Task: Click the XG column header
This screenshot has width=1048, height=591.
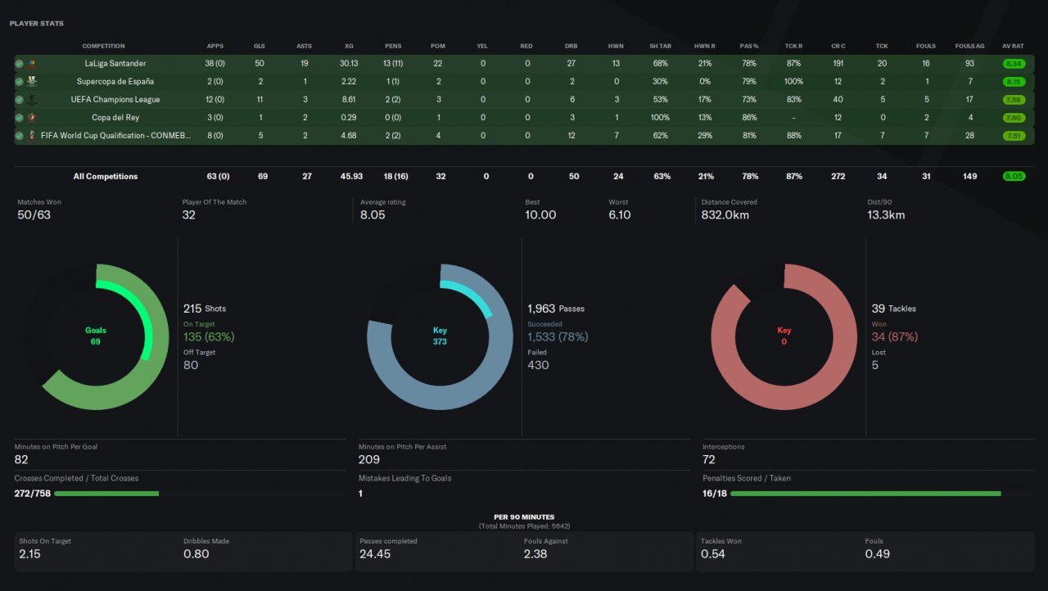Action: [x=349, y=46]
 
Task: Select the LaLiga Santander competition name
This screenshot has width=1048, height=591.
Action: [x=115, y=63]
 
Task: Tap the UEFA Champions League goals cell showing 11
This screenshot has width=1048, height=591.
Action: [x=260, y=99]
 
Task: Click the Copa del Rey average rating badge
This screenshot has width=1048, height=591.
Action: [x=1014, y=117]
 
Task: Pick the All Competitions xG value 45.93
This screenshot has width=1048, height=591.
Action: [x=351, y=176]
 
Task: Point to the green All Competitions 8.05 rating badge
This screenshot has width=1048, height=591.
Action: [x=1014, y=176]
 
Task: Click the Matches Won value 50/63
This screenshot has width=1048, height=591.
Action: [x=34, y=214]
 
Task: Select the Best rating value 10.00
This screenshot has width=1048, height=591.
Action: [x=540, y=214]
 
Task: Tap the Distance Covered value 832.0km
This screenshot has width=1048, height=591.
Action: [x=725, y=214]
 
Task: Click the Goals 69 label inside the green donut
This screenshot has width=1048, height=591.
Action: [x=96, y=336]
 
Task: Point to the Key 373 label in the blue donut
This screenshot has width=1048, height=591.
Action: [x=440, y=336]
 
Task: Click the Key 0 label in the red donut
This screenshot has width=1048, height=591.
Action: [x=784, y=336]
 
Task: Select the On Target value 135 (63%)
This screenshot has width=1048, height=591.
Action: [x=209, y=336]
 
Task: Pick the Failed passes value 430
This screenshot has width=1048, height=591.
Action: [x=538, y=365]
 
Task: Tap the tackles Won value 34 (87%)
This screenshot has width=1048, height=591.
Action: [x=895, y=336]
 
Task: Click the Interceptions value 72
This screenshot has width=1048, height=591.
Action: [x=708, y=459]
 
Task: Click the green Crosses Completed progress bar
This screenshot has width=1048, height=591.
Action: [x=106, y=494]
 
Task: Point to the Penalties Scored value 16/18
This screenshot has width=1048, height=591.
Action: [x=715, y=494]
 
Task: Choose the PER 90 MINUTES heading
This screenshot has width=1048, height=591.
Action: [x=524, y=517]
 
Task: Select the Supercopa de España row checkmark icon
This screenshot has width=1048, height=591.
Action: [x=19, y=82]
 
